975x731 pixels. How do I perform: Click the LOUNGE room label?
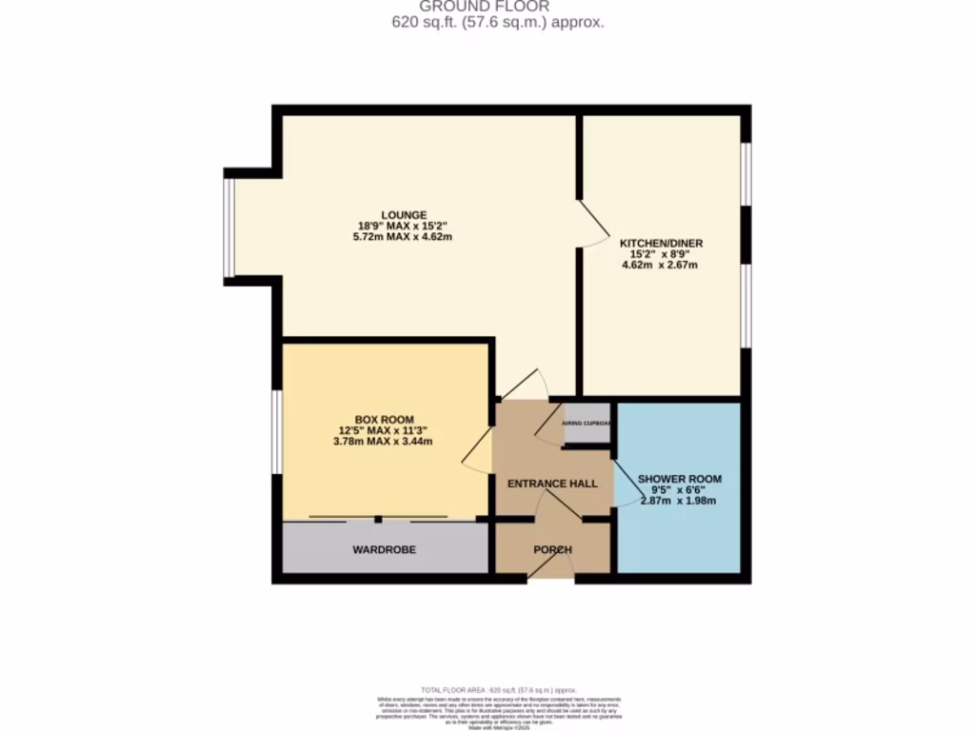click(404, 214)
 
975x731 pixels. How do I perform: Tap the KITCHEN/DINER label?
click(661, 244)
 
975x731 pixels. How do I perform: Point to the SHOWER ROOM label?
click(679, 479)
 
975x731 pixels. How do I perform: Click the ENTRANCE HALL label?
click(552, 484)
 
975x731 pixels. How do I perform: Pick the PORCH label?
click(552, 549)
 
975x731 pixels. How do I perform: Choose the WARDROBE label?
click(384, 549)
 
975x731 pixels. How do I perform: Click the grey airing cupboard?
click(587, 423)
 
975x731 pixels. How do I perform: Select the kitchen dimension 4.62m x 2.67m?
click(660, 266)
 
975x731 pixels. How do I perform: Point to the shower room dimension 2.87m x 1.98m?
click(678, 501)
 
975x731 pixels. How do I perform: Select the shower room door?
click(625, 485)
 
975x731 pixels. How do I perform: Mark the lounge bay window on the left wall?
click(229, 227)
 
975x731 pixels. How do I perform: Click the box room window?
click(276, 431)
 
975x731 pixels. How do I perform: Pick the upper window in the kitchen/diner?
click(746, 173)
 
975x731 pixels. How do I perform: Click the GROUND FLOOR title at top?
click(497, 6)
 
